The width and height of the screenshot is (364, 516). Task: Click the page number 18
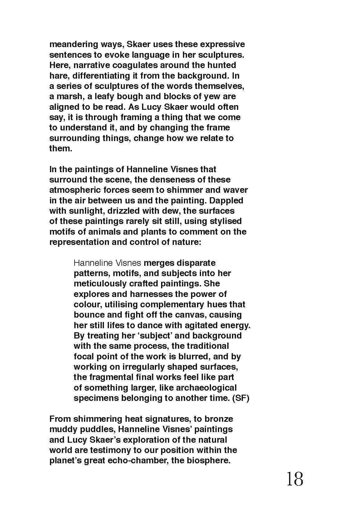(x=294, y=479)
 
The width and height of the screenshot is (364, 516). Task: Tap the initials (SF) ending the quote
(x=241, y=398)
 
